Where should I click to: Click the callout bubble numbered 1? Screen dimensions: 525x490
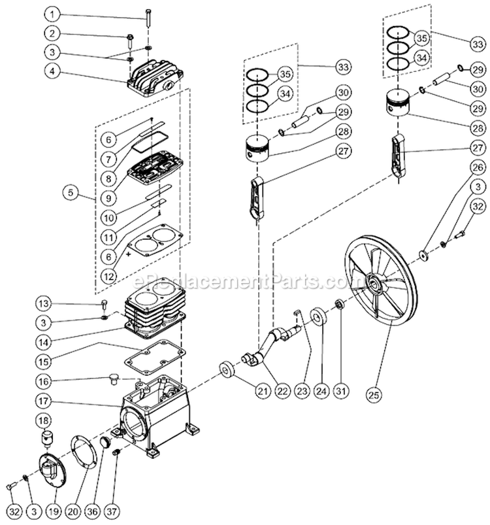tap(53, 14)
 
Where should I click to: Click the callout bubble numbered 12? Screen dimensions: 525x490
tap(110, 277)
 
